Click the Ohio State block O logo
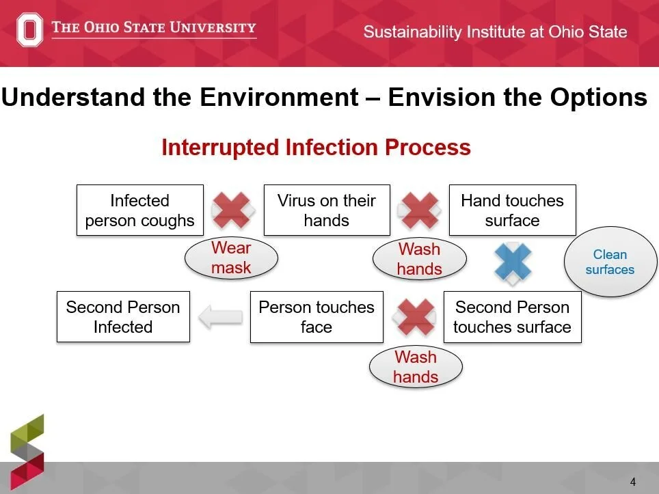pos(29,29)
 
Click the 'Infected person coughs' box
pos(140,210)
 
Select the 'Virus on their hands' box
pos(327,210)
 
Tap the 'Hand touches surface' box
pos(512,210)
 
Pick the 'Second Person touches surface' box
pos(512,317)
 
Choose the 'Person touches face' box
pos(317,317)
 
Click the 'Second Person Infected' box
pos(123,317)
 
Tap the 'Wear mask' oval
pos(231,258)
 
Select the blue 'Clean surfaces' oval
pos(610,262)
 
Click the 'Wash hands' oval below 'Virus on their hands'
pos(420,259)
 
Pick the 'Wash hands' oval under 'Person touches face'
pos(416,367)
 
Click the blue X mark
pos(513,262)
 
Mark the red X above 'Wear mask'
pos(232,210)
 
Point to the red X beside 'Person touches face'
pos(415,317)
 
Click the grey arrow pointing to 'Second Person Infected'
pos(220,317)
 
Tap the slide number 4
pos(633,482)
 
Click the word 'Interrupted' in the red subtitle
pos(220,148)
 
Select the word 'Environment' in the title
pos(279,98)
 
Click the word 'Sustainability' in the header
pos(412,32)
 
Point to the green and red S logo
pos(27,452)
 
